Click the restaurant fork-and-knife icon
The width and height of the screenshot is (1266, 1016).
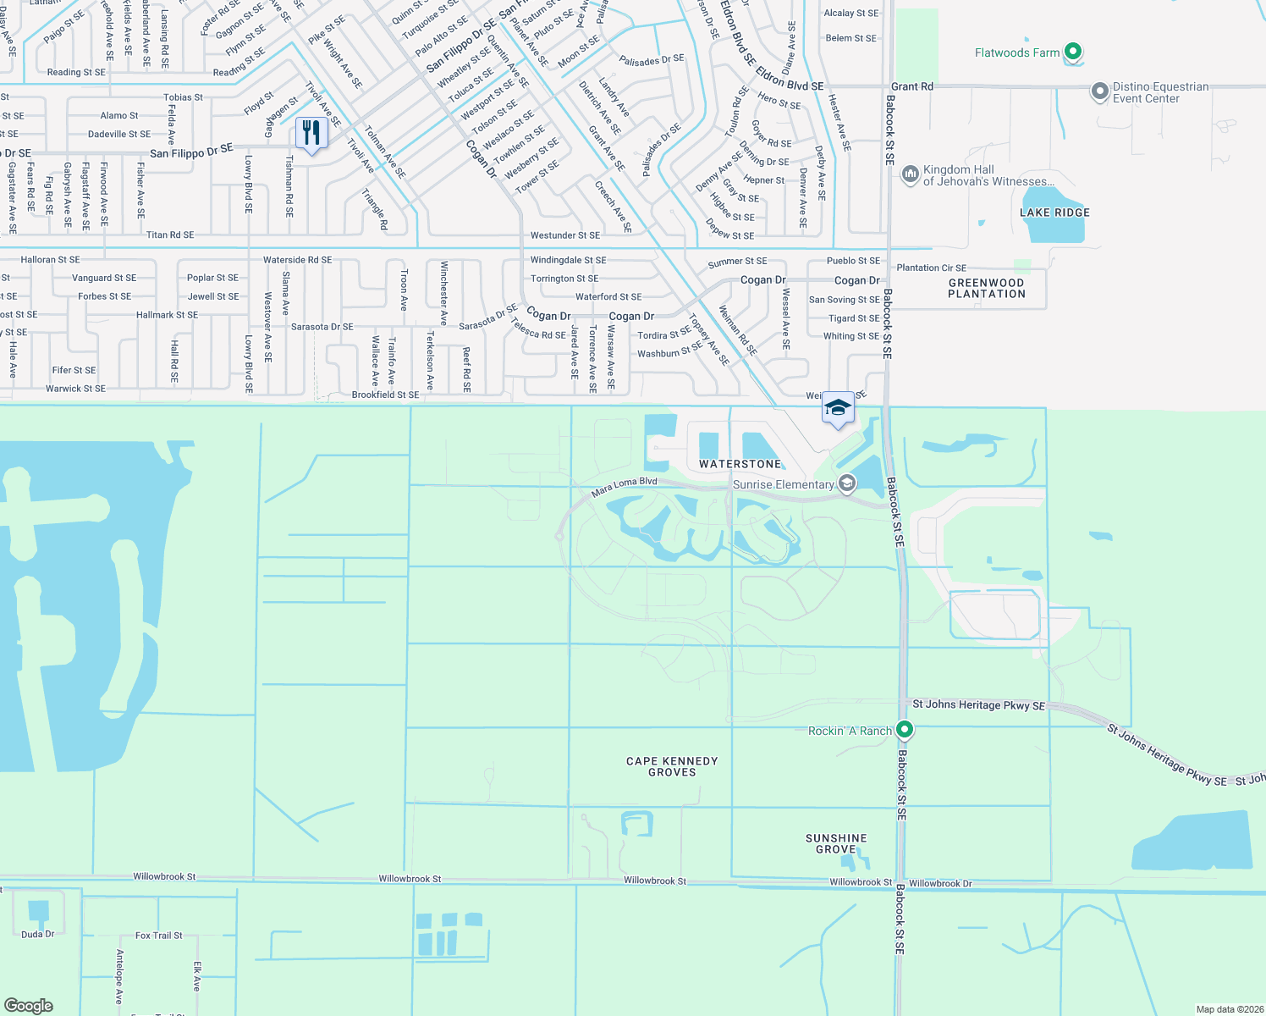point(312,134)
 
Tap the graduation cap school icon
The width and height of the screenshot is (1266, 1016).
point(838,408)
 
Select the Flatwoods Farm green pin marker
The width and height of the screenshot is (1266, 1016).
point(1073,52)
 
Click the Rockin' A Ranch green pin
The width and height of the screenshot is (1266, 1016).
point(905,729)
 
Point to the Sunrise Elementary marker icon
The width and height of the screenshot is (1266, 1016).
point(847,483)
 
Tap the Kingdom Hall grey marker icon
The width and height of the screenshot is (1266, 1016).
point(911,174)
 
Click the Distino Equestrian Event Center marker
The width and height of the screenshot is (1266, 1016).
point(1099,91)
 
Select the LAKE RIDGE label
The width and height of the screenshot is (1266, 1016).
point(1054,213)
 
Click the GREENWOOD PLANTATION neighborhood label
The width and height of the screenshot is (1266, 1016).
point(986,289)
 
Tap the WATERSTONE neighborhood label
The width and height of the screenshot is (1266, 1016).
point(740,464)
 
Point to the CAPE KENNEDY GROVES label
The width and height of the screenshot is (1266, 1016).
point(672,766)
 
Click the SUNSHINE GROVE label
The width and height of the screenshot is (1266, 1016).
point(836,843)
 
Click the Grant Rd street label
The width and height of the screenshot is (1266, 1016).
point(912,86)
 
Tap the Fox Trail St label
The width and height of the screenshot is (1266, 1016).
point(159,936)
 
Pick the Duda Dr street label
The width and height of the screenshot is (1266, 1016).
point(38,934)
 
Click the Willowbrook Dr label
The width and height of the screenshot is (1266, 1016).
point(940,883)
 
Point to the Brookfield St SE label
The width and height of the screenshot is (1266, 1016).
point(385,395)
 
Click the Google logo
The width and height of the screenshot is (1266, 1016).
point(29,1005)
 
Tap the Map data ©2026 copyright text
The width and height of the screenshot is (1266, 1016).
point(1230,1009)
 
